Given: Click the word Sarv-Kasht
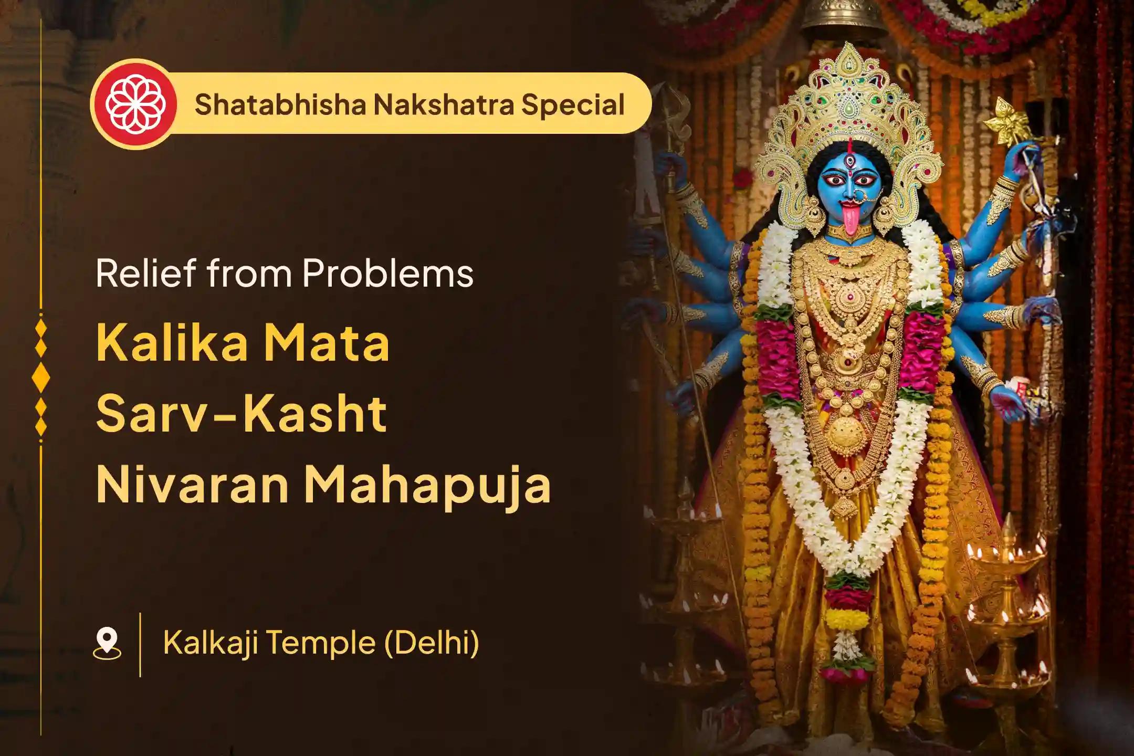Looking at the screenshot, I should [x=241, y=414].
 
